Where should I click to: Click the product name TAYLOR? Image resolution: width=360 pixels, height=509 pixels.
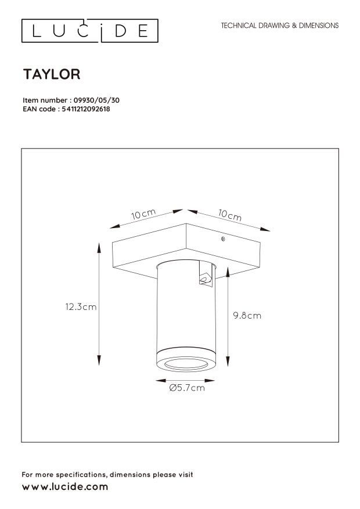51,74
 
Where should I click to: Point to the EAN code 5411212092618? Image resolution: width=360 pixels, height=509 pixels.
85,108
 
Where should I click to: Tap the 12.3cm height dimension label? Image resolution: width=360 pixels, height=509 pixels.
81,307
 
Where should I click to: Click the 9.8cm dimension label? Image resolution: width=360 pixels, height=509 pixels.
247,316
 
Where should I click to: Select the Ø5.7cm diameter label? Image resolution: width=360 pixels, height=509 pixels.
186,388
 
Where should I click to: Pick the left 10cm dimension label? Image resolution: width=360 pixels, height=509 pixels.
142,215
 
